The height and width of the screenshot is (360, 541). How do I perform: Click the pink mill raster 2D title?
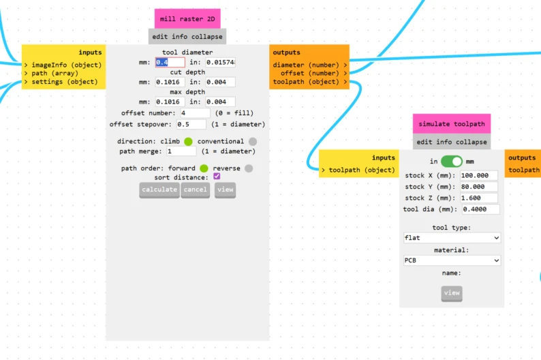click(187, 19)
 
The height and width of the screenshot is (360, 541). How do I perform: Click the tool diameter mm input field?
click(170, 62)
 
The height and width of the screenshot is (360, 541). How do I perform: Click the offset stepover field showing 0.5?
click(191, 124)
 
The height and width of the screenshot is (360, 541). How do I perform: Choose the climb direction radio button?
click(188, 141)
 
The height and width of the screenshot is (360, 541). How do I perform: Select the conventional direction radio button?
click(252, 141)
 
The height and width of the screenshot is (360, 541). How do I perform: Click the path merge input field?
click(182, 151)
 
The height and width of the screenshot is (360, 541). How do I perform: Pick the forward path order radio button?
click(203, 168)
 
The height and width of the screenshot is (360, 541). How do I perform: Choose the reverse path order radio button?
click(248, 168)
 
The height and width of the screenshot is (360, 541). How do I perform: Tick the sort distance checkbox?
click(217, 177)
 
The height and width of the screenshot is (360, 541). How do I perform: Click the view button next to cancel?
click(225, 190)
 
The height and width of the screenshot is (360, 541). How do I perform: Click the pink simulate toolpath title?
click(451, 124)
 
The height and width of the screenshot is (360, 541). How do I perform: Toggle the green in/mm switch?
click(451, 162)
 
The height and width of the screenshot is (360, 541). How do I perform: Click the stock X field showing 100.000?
click(479, 175)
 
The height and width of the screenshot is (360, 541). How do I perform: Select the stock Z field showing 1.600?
click(479, 198)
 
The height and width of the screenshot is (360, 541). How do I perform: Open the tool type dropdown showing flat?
click(452, 238)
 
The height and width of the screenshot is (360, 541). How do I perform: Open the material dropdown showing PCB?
click(452, 260)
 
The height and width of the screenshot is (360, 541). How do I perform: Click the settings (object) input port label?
click(64, 82)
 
